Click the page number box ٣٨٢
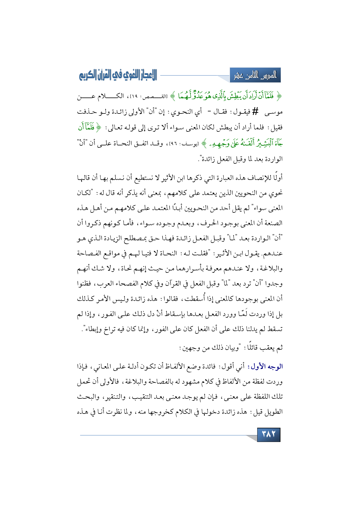[269, 434]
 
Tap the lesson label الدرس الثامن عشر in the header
[255, 75]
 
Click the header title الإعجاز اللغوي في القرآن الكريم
[118, 75]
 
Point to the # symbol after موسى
[255, 111]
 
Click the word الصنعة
[274, 223]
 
